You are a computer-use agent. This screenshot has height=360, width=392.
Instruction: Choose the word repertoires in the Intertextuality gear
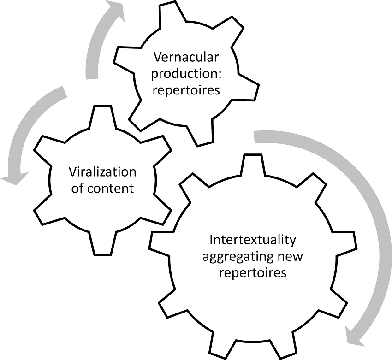(253, 272)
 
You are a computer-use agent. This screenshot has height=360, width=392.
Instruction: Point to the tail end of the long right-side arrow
(256, 136)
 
